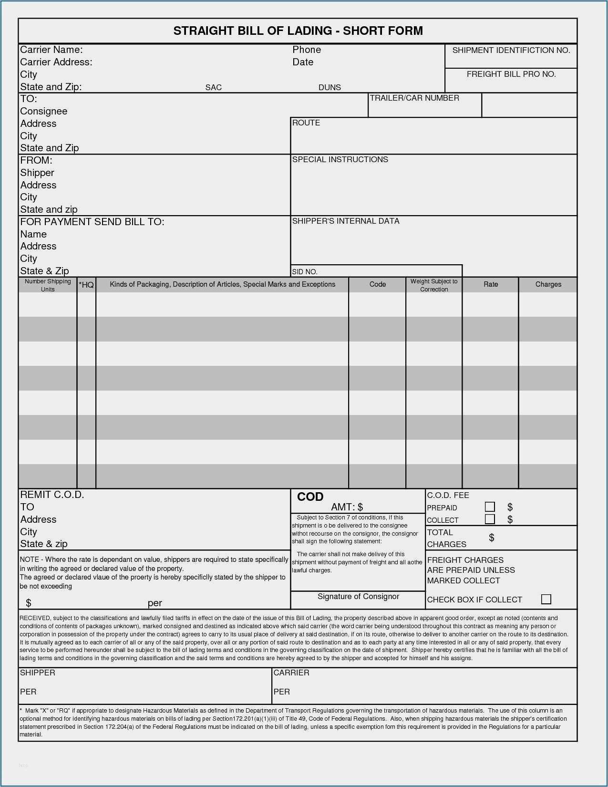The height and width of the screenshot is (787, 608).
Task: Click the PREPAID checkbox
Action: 490,507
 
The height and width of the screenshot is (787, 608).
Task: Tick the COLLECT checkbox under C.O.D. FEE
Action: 490,519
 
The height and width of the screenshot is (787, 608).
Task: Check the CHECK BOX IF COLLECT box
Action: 546,599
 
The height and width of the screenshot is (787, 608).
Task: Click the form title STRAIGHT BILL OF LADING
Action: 298,31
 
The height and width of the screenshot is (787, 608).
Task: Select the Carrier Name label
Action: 52,50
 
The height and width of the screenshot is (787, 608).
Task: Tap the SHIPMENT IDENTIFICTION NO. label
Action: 511,50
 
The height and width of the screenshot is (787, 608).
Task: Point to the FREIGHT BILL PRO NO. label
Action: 511,74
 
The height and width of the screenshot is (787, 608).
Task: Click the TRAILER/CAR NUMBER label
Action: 414,98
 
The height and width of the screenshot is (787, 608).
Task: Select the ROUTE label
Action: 306,123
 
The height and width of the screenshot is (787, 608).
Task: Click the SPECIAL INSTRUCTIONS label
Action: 340,159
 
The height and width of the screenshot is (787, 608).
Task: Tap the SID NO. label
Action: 305,272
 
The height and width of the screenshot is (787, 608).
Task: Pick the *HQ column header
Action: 86,285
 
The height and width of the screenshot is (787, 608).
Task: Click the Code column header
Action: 377,284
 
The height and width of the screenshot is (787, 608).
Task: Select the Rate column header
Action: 491,284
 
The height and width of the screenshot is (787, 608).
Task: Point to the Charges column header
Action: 548,284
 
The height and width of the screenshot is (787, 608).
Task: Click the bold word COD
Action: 310,497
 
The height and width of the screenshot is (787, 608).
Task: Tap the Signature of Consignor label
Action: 358,596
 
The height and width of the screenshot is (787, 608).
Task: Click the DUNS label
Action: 330,87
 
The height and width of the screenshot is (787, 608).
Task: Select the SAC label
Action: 213,87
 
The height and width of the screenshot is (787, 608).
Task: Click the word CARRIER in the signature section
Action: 291,673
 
